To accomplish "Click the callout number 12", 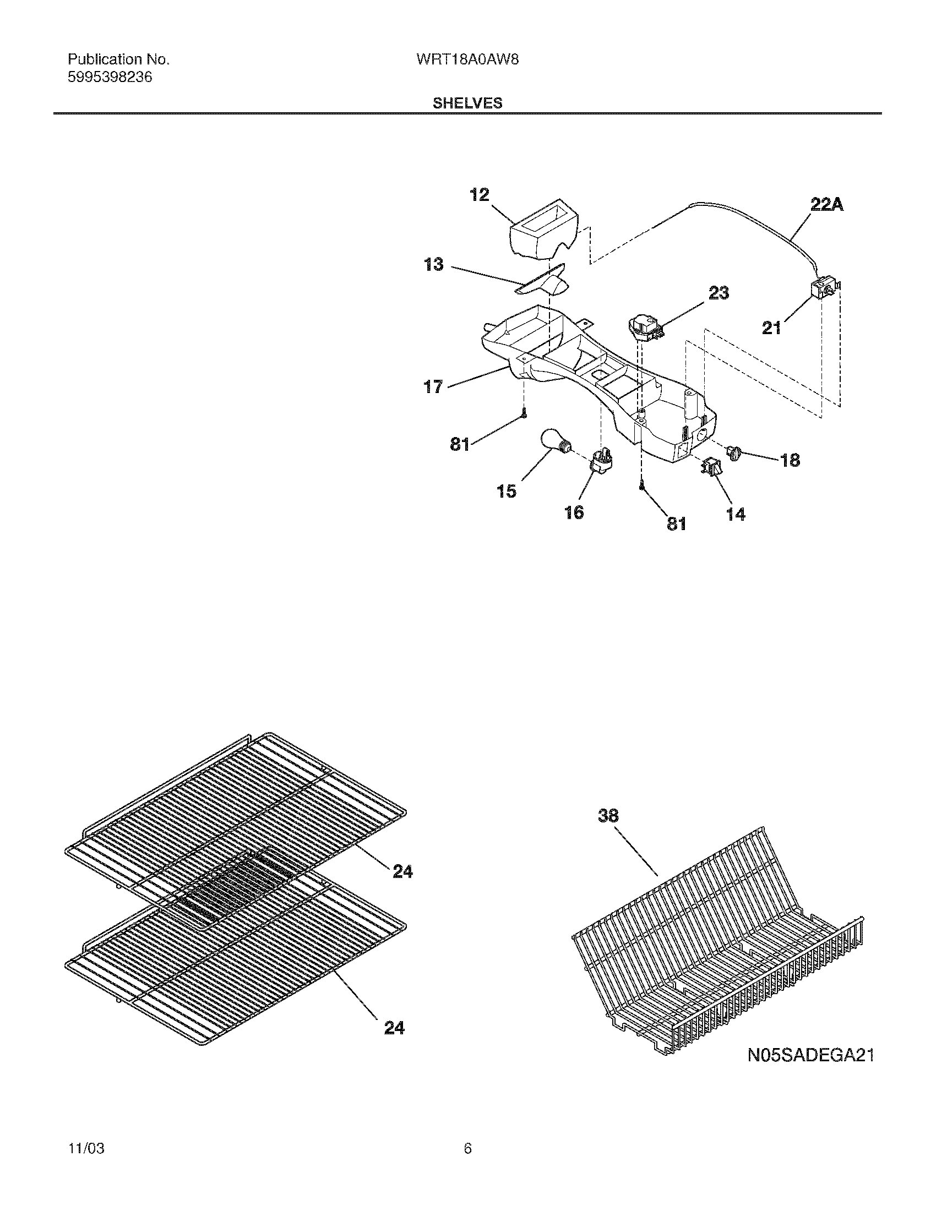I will click(x=480, y=195).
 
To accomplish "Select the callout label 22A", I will click(x=827, y=205).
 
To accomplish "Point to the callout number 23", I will click(x=719, y=292).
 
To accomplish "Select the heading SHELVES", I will click(x=467, y=103).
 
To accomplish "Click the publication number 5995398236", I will click(x=110, y=78).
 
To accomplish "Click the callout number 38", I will click(x=608, y=816).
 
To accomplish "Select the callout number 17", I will click(x=434, y=386).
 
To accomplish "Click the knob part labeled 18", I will click(x=734, y=452).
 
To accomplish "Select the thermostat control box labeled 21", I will click(x=821, y=290).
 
